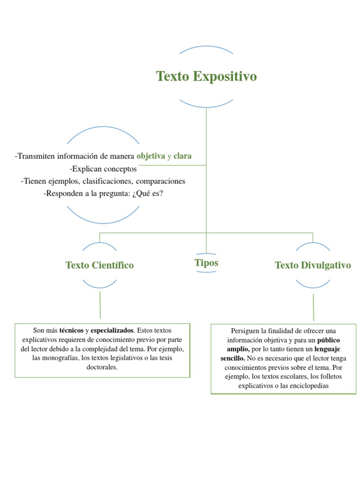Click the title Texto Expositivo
pyautogui.click(x=206, y=76)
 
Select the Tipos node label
pyautogui.click(x=206, y=263)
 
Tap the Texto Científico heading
pyautogui.click(x=100, y=265)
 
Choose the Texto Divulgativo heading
pyautogui.click(x=313, y=265)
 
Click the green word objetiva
pyautogui.click(x=151, y=156)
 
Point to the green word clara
pyautogui.click(x=183, y=156)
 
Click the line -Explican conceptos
pyautogui.click(x=103, y=169)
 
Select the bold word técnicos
pyautogui.click(x=71, y=330)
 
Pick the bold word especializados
pyautogui.click(x=112, y=330)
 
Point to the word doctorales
pyautogui.click(x=102, y=367)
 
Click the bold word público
pyautogui.click(x=328, y=340)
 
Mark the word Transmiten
pyautogui.click(x=36, y=156)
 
